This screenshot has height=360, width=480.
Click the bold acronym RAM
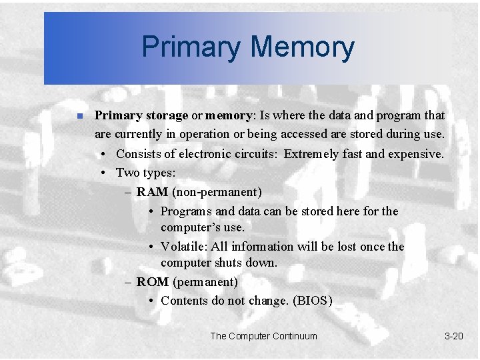coord(152,192)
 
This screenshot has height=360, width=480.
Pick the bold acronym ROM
coord(153,281)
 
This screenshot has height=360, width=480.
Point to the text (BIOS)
coord(312,300)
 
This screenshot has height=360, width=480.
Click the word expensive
coord(415,153)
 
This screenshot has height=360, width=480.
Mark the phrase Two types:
coord(145,173)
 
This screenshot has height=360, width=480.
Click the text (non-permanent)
coord(217,192)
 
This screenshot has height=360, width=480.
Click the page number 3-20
coord(453,336)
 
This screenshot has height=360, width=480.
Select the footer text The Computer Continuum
coord(263,336)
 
